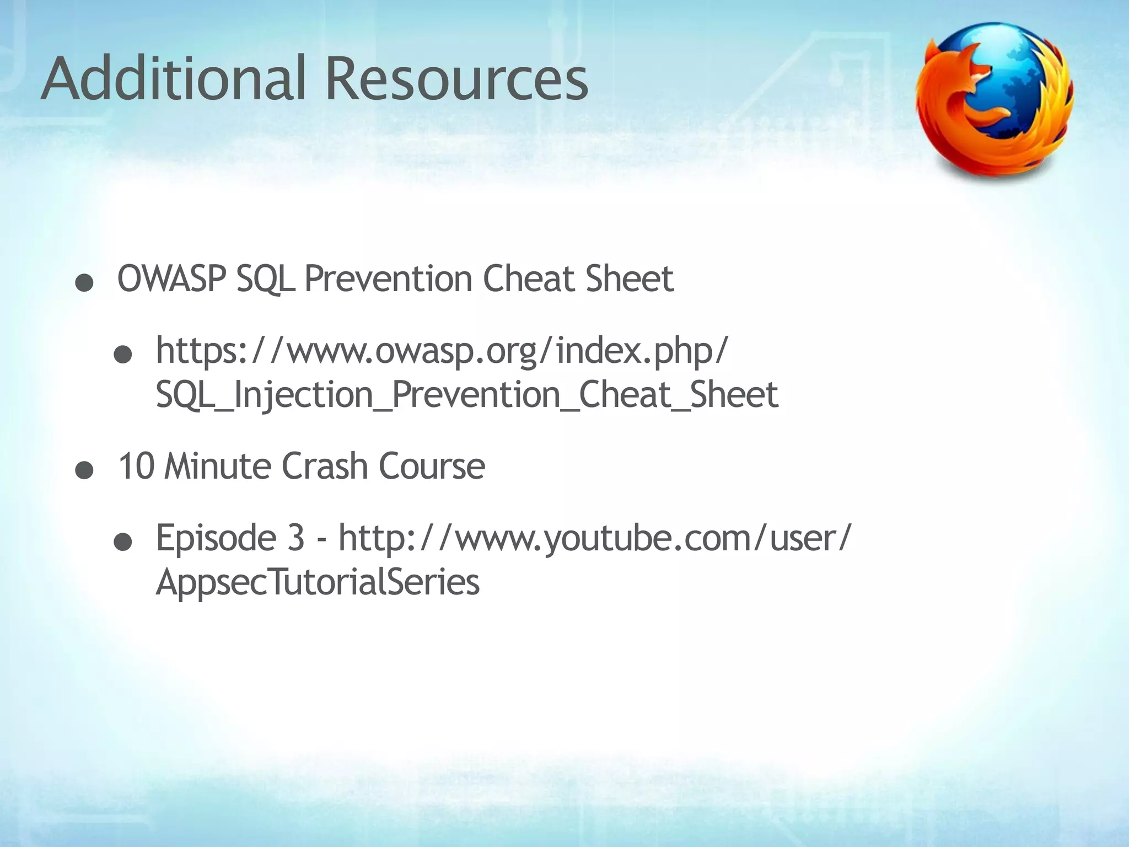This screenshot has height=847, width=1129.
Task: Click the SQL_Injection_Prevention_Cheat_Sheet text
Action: tap(467, 395)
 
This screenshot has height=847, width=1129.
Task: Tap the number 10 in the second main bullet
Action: tap(136, 466)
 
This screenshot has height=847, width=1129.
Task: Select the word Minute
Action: tap(218, 466)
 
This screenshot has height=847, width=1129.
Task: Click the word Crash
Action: tap(324, 466)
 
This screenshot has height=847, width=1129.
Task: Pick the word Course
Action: tap(432, 466)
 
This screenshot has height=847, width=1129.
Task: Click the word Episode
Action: tap(216, 538)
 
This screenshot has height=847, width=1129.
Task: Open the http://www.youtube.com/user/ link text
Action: tap(595, 538)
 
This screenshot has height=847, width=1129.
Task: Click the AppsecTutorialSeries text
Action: tap(318, 582)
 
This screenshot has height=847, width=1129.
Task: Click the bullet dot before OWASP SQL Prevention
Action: tap(84, 284)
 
